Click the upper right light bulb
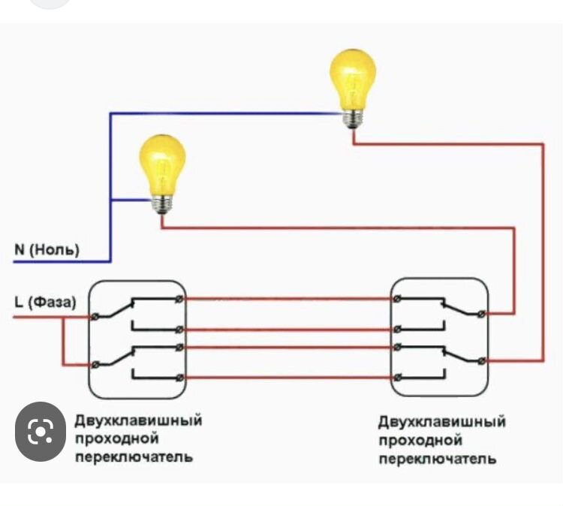click(352, 79)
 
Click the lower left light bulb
click(162, 164)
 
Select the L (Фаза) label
click(44, 303)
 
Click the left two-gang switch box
click(137, 339)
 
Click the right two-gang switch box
click(439, 339)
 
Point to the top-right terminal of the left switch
click(179, 300)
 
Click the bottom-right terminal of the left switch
click(179, 377)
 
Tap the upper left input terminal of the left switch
click(95, 317)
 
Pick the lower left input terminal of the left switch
click(95, 364)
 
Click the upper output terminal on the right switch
click(483, 312)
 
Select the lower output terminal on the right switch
click(483, 360)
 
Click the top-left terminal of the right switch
click(397, 300)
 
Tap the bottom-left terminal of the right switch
click(397, 377)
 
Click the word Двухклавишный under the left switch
click(138, 420)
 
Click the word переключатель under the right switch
click(437, 459)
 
